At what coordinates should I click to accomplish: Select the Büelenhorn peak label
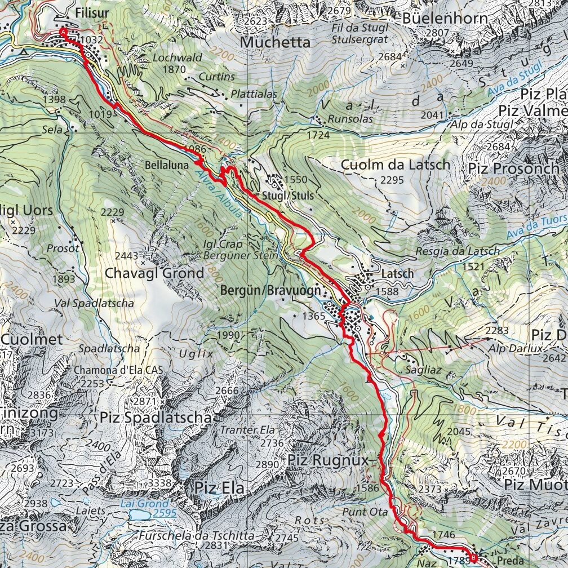pos(445,18)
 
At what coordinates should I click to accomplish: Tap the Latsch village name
pos(397,273)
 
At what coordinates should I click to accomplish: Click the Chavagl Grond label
pos(155,273)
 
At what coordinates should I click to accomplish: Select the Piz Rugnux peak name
pos(327,460)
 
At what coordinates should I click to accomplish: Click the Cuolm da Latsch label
pos(396,165)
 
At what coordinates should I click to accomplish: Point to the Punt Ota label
pos(365,512)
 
